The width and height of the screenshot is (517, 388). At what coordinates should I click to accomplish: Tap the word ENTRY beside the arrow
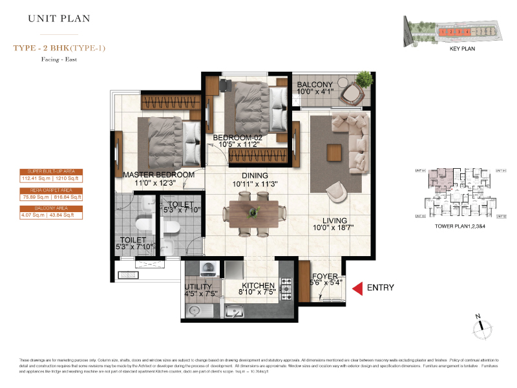point(380,287)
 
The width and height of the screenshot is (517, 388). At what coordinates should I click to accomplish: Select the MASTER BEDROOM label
point(158,175)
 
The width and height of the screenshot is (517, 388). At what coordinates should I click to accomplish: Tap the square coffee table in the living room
point(333,152)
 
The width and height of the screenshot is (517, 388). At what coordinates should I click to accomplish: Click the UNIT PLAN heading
point(59,19)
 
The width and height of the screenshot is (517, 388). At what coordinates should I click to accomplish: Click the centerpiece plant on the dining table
point(253,211)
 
